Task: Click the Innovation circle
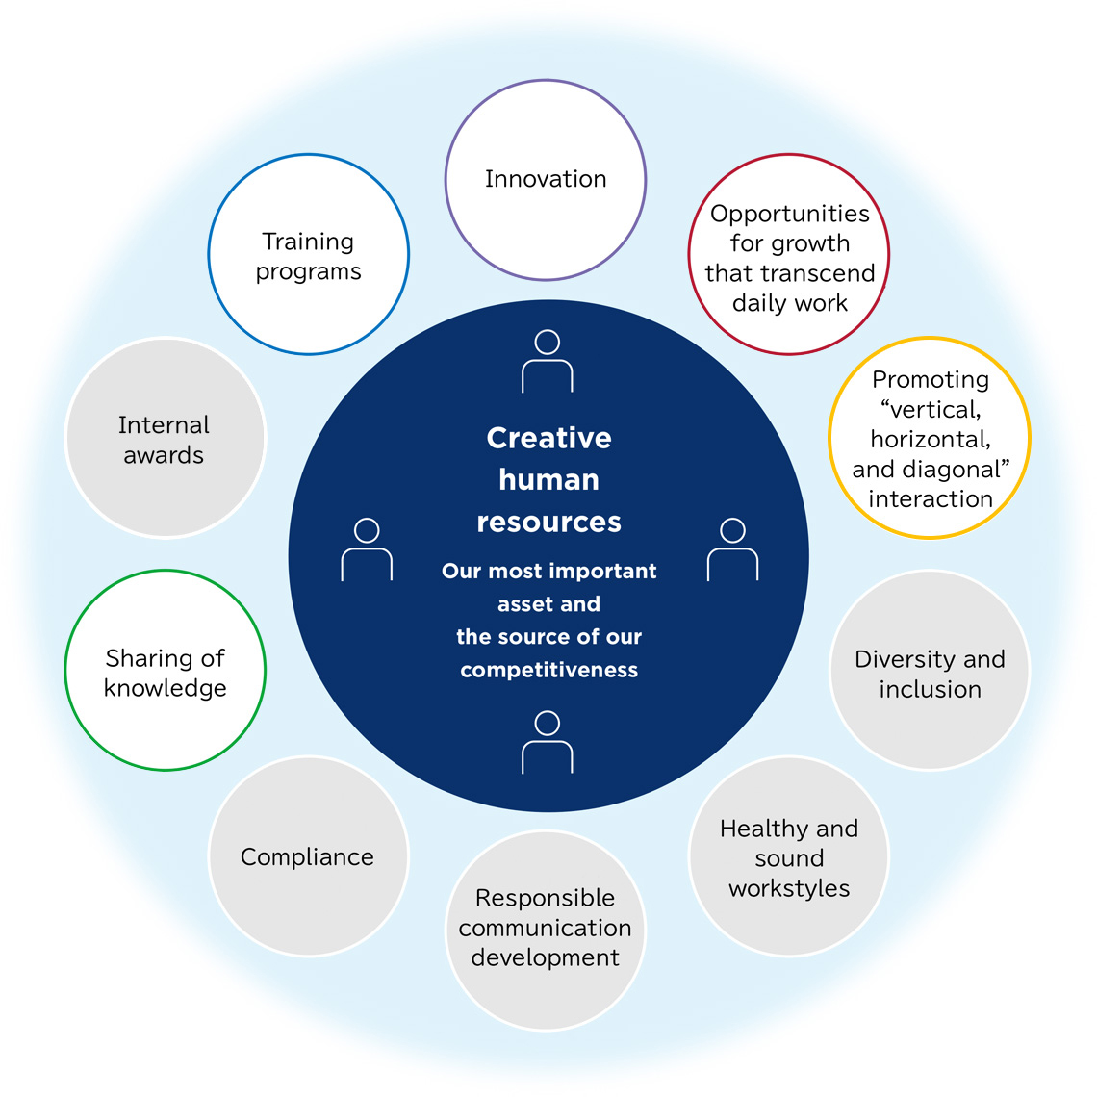click(x=546, y=180)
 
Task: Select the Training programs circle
click(x=309, y=255)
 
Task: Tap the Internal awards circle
click(x=165, y=438)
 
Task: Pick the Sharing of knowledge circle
click(x=165, y=671)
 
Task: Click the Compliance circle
click(x=308, y=856)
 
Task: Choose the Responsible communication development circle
click(x=546, y=930)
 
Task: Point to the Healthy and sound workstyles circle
click(x=789, y=857)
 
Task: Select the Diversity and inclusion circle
click(x=930, y=671)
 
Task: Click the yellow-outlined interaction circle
click(x=930, y=438)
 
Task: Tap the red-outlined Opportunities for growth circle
click(x=789, y=255)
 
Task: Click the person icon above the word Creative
click(x=548, y=362)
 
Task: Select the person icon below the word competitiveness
click(x=548, y=742)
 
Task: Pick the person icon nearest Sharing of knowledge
click(x=367, y=550)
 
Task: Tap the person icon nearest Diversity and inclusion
click(x=732, y=550)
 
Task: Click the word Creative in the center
click(x=548, y=438)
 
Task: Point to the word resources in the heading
click(x=548, y=522)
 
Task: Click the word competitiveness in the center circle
click(x=548, y=670)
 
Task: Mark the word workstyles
click(x=789, y=888)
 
